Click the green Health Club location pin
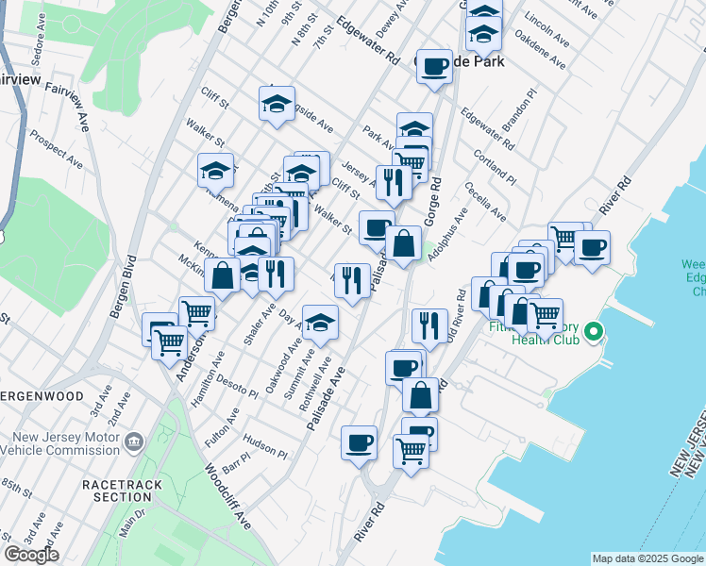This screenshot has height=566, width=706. (x=594, y=332)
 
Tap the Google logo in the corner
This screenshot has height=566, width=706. (x=31, y=555)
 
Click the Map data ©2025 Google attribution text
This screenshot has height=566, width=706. (x=647, y=558)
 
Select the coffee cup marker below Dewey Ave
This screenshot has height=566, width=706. (x=434, y=67)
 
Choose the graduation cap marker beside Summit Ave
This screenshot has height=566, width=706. (x=321, y=323)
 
